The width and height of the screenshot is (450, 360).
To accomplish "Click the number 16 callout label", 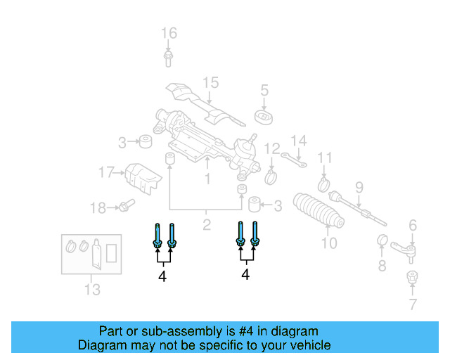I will coord(169,33).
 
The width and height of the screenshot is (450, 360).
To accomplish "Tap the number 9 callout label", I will coord(359,187).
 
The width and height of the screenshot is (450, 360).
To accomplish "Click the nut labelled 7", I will coord(412,277).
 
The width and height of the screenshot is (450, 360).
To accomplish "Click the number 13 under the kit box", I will coord(92,289).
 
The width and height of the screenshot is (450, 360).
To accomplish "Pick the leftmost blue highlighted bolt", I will coord(157,236).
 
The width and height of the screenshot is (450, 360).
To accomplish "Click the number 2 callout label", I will coord(207,226).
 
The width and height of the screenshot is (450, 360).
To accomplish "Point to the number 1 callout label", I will coord(207,179).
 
